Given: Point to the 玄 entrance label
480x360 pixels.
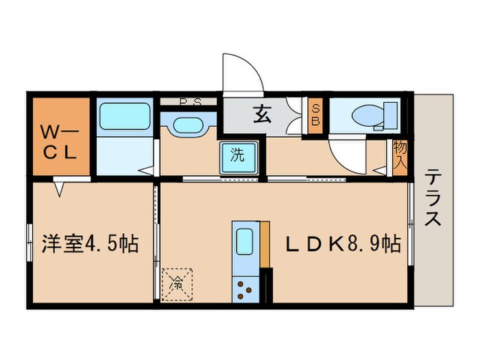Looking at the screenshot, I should (x=263, y=113).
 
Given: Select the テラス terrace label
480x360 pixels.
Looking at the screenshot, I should (x=433, y=199).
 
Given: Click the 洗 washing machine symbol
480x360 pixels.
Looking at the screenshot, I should (x=237, y=155).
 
